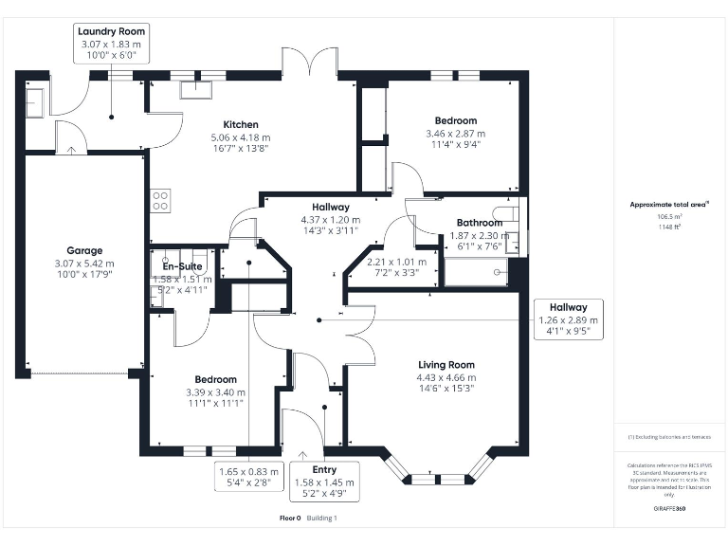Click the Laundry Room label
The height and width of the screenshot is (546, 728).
click(111, 31)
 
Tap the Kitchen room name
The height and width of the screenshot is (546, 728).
click(241, 124)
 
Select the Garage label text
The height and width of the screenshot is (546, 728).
click(84, 251)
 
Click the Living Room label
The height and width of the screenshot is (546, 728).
click(446, 365)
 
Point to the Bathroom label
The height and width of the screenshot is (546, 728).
click(479, 224)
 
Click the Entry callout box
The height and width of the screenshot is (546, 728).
click(325, 482)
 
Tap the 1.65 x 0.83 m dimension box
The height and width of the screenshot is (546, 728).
click(249, 477)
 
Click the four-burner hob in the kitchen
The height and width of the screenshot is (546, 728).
click(160, 200)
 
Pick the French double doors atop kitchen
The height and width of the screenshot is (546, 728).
click(310, 63)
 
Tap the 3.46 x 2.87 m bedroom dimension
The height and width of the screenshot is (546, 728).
click(455, 134)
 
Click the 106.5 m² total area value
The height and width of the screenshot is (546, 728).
click(670, 215)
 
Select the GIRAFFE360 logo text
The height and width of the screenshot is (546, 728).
click(669, 509)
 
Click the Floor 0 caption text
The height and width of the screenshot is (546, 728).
click(290, 519)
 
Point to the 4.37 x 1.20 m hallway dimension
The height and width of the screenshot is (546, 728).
click(331, 219)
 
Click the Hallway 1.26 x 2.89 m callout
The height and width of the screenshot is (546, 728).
click(568, 320)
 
